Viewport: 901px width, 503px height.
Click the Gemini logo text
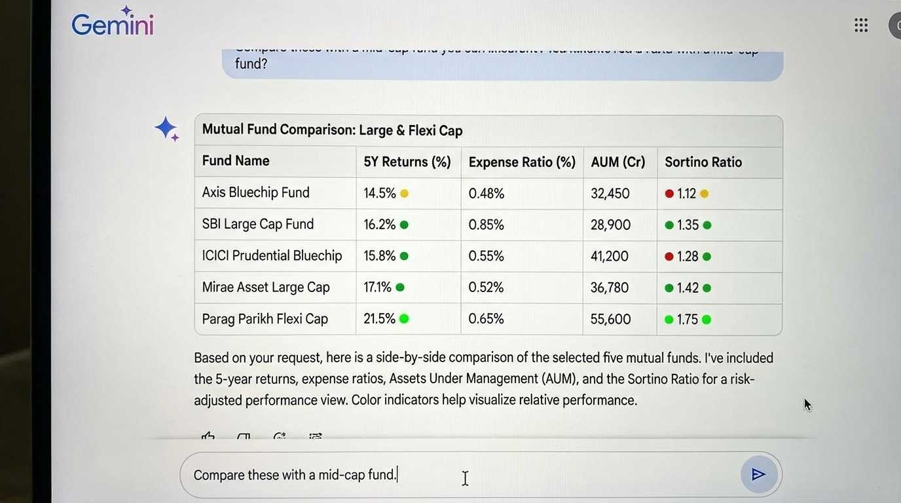(112, 25)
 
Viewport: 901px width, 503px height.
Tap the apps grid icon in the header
(861, 26)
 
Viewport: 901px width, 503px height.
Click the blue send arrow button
(758, 474)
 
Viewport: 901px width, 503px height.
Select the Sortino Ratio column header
(703, 162)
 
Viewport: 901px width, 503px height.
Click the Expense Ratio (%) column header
(521, 162)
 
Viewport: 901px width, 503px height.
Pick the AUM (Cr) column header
(617, 162)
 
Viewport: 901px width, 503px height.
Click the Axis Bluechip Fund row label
(255, 193)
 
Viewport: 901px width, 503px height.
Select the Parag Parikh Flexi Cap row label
(265, 319)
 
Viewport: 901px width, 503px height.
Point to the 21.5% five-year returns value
(379, 319)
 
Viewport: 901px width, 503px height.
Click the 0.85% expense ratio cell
(486, 225)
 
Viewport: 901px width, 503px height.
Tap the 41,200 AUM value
(609, 256)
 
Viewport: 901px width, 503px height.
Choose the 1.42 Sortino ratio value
(688, 288)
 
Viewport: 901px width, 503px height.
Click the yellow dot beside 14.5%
(404, 193)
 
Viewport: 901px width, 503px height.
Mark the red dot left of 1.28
(669, 257)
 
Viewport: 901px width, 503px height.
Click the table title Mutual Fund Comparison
(332, 130)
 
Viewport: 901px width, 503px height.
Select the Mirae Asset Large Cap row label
(265, 288)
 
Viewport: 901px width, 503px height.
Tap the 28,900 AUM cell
(610, 225)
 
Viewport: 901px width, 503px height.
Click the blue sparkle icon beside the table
(166, 128)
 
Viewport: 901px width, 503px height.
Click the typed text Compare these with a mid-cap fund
(295, 475)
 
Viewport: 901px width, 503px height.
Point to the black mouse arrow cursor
(807, 404)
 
